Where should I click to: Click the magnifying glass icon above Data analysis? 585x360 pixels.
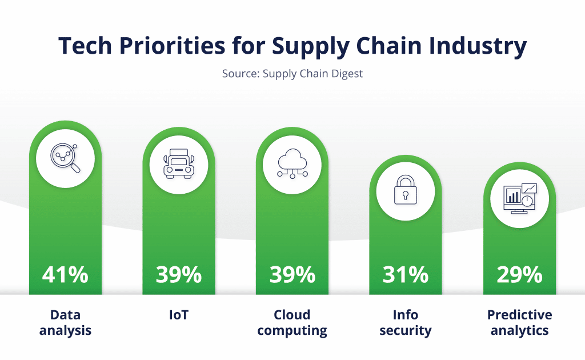click(x=65, y=158)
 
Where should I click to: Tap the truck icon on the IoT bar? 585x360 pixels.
click(x=179, y=164)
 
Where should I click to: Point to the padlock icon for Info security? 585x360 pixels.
click(x=406, y=190)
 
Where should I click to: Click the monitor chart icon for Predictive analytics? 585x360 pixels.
click(x=520, y=198)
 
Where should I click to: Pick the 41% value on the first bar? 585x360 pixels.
click(x=65, y=275)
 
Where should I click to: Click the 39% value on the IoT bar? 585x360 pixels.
click(x=179, y=275)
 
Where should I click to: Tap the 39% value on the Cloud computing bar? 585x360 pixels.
click(x=292, y=275)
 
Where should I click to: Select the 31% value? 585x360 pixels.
click(x=406, y=275)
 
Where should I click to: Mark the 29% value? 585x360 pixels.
click(x=520, y=275)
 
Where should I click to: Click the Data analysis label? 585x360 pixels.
click(x=65, y=323)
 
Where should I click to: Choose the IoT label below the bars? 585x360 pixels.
click(x=179, y=315)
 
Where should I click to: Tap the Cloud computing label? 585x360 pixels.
click(x=292, y=323)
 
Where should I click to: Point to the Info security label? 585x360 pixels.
click(x=406, y=323)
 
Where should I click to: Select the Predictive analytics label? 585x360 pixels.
click(x=520, y=323)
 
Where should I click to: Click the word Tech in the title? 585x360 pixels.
click(x=85, y=46)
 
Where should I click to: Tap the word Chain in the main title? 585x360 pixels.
click(x=388, y=46)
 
